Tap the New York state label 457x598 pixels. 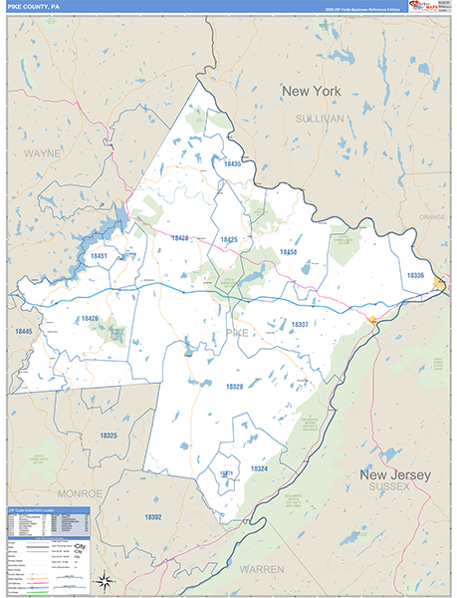311,92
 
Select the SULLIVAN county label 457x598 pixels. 319,118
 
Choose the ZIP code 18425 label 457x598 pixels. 228,240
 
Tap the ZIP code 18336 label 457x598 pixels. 415,275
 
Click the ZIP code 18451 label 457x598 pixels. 99,256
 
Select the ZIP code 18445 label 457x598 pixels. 23,331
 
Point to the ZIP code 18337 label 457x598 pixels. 299,324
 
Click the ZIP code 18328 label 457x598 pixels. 234,386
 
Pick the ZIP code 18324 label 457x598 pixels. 259,467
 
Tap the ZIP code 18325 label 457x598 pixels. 109,436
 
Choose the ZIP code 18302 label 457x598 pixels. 152,517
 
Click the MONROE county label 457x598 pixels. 79,493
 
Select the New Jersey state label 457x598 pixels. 395,475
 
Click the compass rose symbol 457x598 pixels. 104,579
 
